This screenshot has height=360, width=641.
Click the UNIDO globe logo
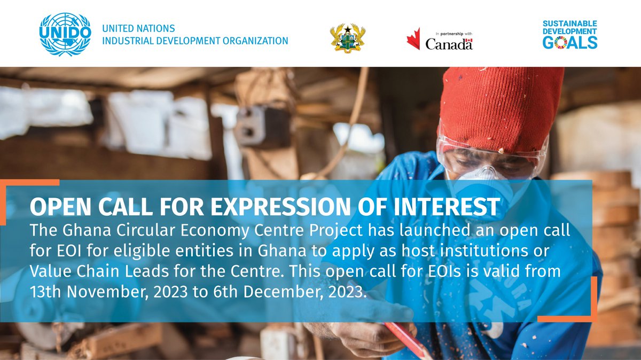[65, 34]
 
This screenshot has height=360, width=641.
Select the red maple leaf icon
[413, 39]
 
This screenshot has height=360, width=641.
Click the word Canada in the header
[449, 44]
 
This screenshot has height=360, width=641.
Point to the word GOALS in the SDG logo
[570, 43]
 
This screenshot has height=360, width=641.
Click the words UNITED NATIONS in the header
[138, 28]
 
